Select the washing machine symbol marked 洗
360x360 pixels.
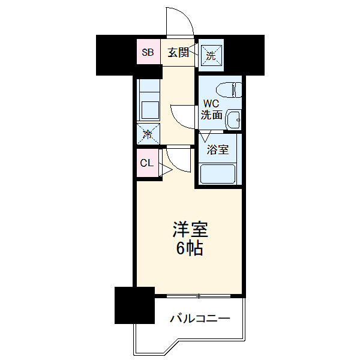211,55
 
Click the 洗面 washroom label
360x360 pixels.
211,115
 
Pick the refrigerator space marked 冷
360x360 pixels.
148,133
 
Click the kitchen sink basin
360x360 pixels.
149,110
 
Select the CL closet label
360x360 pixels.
146,163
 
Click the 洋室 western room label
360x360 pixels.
190,229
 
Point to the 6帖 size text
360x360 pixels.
189,247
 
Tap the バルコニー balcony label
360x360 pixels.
199,318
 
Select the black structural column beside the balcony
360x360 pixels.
135,306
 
